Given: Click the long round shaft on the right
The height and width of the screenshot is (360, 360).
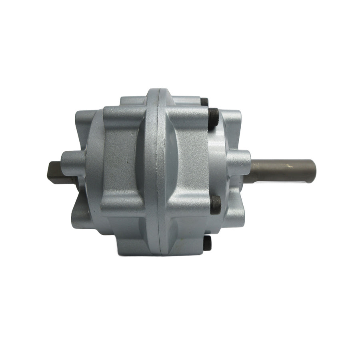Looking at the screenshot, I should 280,171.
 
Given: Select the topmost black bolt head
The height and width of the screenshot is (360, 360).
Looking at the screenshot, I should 204,102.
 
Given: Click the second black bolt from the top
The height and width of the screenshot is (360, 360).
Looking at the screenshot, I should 213,118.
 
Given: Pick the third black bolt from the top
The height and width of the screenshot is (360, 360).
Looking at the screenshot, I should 215,204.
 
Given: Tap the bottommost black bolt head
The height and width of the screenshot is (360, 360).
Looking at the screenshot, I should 207,243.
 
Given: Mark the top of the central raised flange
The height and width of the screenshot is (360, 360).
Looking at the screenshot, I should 158,94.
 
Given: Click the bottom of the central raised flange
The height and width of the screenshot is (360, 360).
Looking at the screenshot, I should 159,250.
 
